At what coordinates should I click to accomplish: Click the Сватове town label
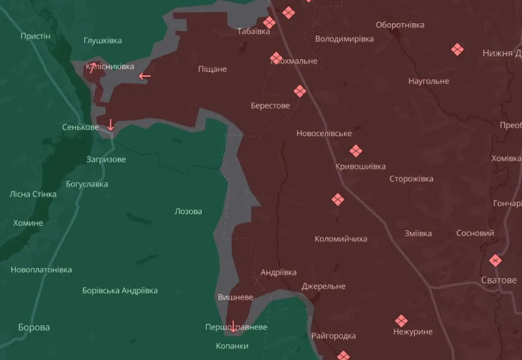coord(499,280)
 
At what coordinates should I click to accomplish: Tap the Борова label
coord(34,327)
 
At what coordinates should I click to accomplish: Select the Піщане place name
coord(213,69)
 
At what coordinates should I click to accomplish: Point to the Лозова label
coord(188,211)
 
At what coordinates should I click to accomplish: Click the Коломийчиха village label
coord(341,239)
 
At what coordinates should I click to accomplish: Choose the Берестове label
coord(270,105)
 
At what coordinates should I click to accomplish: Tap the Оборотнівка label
coord(400,25)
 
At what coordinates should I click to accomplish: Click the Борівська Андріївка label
coord(120,290)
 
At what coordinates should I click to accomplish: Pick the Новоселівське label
coord(324,133)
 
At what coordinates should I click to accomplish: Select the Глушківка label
coord(103,40)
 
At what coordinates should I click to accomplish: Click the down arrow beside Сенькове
coord(110,125)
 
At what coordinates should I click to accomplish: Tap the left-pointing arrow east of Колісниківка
coord(144,76)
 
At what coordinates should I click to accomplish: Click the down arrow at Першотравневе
coord(233,326)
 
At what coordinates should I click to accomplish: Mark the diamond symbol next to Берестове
coord(300,91)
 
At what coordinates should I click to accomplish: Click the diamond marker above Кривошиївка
coord(356,151)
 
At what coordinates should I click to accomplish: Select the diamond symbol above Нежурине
coord(401,321)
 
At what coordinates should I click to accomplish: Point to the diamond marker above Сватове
coord(495,260)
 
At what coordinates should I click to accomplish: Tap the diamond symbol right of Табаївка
coord(269,22)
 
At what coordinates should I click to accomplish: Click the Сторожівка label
coord(412,179)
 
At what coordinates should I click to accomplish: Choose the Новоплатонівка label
coord(41,270)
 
